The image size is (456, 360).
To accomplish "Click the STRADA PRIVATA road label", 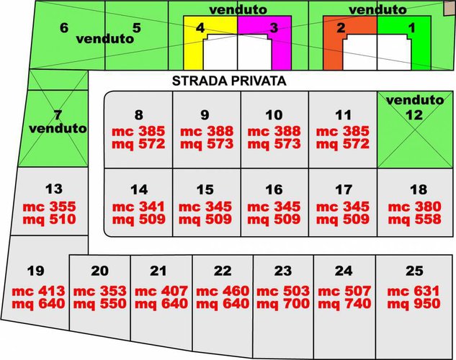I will pyautogui.click(x=230, y=81).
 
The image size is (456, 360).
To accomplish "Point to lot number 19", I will pyautogui.click(x=35, y=271).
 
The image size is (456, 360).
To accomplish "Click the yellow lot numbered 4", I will pyautogui.click(x=200, y=27).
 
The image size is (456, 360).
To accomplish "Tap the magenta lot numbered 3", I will pyautogui.click(x=272, y=27).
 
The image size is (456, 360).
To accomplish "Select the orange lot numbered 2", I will pyautogui.click(x=341, y=27).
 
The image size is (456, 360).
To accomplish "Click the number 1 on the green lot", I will pyautogui.click(x=412, y=27).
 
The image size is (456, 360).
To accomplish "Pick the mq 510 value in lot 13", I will pyautogui.click(x=53, y=219).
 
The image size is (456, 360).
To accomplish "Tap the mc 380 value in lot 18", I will pyautogui.click(x=418, y=206).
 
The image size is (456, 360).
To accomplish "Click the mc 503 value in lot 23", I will pyautogui.click(x=283, y=291).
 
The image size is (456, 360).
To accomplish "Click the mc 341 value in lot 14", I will pyautogui.click(x=139, y=206).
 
